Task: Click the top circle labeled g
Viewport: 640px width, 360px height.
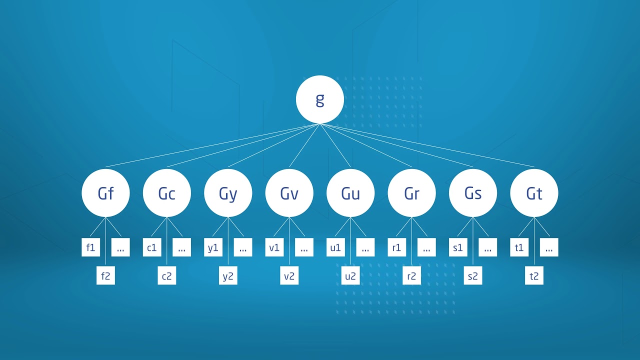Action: [x=319, y=99]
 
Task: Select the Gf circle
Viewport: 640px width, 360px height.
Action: [x=105, y=193]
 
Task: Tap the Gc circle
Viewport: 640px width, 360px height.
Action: [x=167, y=193]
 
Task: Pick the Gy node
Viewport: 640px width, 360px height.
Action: [x=228, y=193]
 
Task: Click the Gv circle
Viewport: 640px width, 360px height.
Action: [x=289, y=193]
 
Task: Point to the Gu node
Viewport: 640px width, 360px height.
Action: [x=350, y=193]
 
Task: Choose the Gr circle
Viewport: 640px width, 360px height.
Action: [x=411, y=193]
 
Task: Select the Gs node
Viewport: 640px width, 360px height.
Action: [x=473, y=193]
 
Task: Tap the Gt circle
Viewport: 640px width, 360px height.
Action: [x=534, y=193]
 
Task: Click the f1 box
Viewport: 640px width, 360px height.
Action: [x=91, y=247]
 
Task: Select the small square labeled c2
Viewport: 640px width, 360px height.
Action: [x=167, y=275]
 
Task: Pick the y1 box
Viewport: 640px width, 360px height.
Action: [x=213, y=247]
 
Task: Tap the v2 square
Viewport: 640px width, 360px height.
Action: [x=289, y=275]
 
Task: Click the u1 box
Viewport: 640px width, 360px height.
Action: [x=335, y=247]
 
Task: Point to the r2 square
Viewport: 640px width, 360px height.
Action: [x=411, y=275]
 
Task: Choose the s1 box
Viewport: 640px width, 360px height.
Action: [x=458, y=247]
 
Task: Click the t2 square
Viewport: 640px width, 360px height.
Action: [x=534, y=275]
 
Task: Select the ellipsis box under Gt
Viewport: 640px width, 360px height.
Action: [x=549, y=247]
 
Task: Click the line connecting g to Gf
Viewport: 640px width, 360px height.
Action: [x=213, y=145]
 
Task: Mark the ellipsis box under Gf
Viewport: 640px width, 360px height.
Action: [x=120, y=247]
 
